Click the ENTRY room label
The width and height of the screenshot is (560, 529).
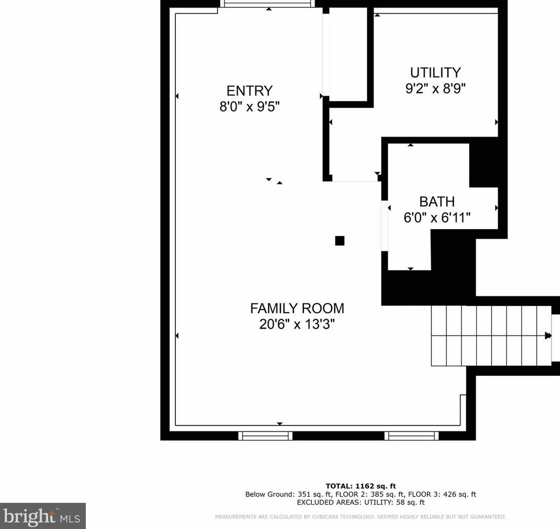tap(249, 91)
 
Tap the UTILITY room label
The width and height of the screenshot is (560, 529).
tap(435, 72)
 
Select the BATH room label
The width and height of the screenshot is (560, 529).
tap(437, 202)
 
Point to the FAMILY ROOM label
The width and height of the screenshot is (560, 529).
tap(297, 308)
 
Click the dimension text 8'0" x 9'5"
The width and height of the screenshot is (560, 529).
tap(249, 107)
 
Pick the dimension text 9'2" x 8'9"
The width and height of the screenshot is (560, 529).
tap(435, 89)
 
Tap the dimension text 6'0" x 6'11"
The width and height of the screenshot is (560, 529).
tap(437, 218)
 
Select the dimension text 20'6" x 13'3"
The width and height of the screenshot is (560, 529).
tap(297, 324)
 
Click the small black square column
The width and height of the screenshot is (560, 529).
tap(340, 241)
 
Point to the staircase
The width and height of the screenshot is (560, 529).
tap(490, 335)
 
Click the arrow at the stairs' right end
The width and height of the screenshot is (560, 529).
tap(548, 335)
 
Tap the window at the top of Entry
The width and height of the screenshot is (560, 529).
tap(267, 4)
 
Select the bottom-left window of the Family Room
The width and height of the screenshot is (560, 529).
tap(265, 435)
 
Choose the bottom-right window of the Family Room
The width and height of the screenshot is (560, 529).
tap(411, 435)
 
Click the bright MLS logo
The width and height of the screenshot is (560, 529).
tap(42, 516)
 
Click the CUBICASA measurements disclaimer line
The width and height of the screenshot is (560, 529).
tap(360, 516)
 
